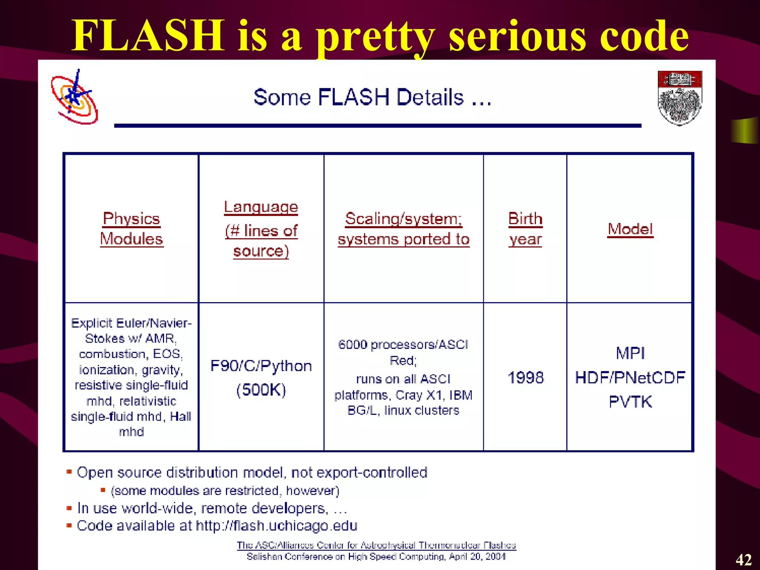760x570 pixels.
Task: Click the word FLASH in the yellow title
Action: pyautogui.click(x=148, y=36)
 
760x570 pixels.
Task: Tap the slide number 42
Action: pyautogui.click(x=744, y=560)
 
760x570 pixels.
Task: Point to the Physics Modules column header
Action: pyautogui.click(x=132, y=229)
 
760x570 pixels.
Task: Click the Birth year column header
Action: pyautogui.click(x=525, y=229)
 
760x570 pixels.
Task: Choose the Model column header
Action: pyautogui.click(x=630, y=229)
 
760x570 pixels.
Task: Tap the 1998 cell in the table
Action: pyautogui.click(x=525, y=378)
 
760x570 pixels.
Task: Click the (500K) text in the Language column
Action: pyautogui.click(x=261, y=390)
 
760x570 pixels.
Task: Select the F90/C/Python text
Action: pyautogui.click(x=261, y=366)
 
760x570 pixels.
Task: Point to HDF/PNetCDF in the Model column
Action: pyautogui.click(x=630, y=378)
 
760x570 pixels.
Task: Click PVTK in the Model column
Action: pyautogui.click(x=630, y=402)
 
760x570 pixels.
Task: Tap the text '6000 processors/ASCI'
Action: pyautogui.click(x=403, y=345)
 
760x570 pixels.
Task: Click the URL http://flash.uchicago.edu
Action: pyautogui.click(x=276, y=525)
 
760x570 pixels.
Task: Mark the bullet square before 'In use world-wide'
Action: pyautogui.click(x=69, y=508)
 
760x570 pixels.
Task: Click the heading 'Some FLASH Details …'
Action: pyautogui.click(x=373, y=97)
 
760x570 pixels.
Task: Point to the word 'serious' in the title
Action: pyautogui.click(x=517, y=36)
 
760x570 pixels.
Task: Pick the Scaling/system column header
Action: pyautogui.click(x=404, y=229)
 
